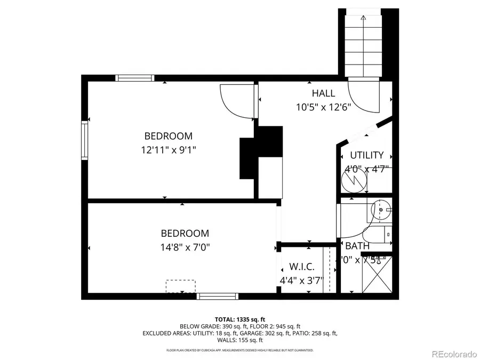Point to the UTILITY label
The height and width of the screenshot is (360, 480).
click(x=366, y=155)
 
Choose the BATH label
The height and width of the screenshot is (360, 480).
click(x=357, y=246)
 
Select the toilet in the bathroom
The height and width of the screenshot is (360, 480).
click(x=378, y=234)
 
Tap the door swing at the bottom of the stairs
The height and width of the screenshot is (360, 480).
click(x=364, y=96)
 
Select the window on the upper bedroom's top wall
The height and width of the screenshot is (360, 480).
click(x=135, y=78)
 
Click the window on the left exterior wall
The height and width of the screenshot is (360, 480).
click(x=84, y=140)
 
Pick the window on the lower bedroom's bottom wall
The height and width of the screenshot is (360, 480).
click(x=217, y=296)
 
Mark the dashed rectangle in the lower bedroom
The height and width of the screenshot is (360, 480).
click(x=180, y=286)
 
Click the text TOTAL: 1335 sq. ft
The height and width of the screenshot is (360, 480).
click(x=239, y=318)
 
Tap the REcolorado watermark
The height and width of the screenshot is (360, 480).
click(x=453, y=353)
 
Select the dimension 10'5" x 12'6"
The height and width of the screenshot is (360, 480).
click(x=323, y=107)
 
